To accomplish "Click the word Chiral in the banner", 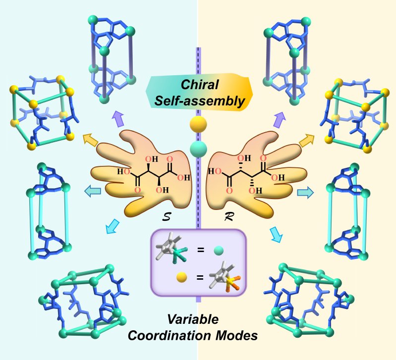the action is [200, 85].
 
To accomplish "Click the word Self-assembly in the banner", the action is [200, 101].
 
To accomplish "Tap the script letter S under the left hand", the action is [167, 217].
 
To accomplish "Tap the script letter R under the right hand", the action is [229, 217].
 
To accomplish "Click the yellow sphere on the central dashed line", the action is [198, 124].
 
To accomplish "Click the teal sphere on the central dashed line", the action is [198, 149].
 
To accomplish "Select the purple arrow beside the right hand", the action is [279, 119].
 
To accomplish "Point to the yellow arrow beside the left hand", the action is [90, 140].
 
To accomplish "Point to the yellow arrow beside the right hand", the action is [307, 140].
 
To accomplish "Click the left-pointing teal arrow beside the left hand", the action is [93, 191].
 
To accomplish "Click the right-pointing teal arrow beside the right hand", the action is [305, 193].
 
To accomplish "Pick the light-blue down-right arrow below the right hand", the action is [276, 234].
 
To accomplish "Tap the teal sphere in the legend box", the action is [219, 251].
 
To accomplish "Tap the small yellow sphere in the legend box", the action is [181, 277].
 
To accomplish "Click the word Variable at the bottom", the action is [193, 319].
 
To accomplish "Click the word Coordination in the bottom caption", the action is [170, 336].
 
